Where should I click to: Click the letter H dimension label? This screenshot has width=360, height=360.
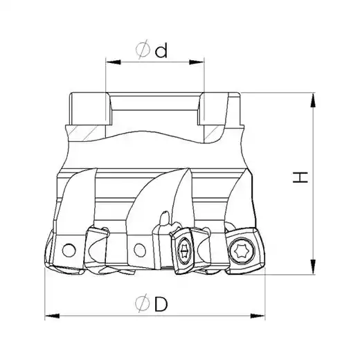click(300, 177)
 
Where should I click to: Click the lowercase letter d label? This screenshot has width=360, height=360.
click(161, 51)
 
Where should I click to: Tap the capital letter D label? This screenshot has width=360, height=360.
click(161, 303)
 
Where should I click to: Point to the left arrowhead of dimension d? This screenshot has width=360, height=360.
click(114, 62)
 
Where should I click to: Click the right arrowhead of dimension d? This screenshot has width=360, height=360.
click(197, 62)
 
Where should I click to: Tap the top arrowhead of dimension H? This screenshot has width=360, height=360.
click(313, 100)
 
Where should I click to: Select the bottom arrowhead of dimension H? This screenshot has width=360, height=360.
click(313, 267)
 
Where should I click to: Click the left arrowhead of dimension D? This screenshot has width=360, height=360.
click(52, 316)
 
